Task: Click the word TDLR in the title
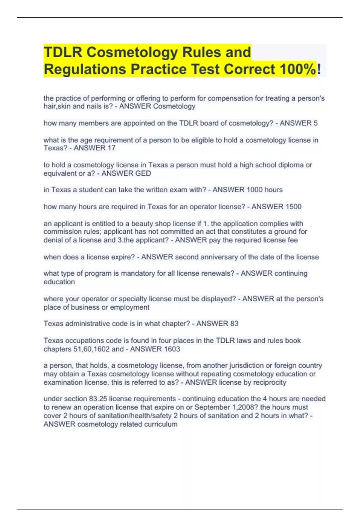tap(63, 52)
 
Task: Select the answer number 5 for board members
tap(315, 123)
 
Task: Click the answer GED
tap(143, 173)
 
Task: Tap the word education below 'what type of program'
tap(59, 282)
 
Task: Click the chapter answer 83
tap(234, 324)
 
